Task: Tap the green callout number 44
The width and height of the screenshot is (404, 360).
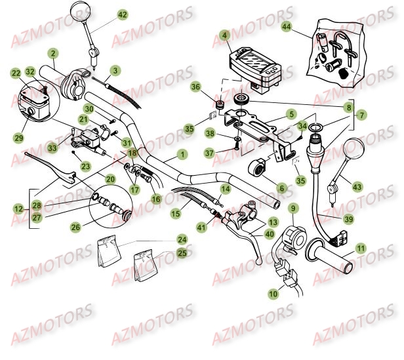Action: tap(286, 27)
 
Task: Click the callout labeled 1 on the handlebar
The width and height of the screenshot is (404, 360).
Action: tap(182, 155)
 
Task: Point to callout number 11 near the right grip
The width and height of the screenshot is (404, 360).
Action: tap(360, 249)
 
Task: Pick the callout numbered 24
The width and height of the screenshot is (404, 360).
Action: tap(182, 241)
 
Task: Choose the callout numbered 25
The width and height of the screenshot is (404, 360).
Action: tap(182, 252)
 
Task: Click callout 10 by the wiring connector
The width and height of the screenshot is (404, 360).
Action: tap(272, 295)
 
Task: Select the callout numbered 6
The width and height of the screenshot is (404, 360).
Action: tap(282, 188)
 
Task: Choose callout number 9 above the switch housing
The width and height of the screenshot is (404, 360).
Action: tap(293, 210)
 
